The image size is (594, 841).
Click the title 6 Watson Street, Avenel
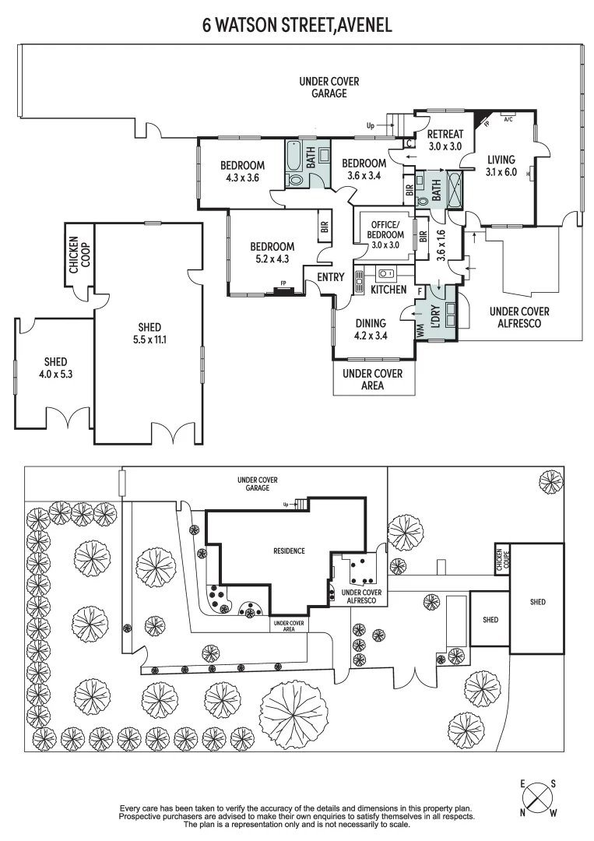[x=297, y=25]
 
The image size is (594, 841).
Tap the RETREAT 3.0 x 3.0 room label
[x=445, y=140]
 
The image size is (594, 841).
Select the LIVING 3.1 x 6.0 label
[x=501, y=167]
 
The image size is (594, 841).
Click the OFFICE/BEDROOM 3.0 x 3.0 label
[x=386, y=234]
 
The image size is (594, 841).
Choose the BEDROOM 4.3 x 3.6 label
[x=242, y=171]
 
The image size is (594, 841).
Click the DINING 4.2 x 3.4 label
[x=371, y=329]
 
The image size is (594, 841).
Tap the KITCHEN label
[x=388, y=290]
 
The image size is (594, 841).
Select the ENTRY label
[x=331, y=277]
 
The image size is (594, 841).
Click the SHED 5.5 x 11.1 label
[x=149, y=333]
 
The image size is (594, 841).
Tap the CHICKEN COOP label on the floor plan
[x=79, y=254]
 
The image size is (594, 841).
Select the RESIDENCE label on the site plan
[x=288, y=551]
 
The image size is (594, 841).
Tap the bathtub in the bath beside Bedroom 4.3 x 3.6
[x=295, y=156]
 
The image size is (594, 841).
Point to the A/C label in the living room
[x=508, y=119]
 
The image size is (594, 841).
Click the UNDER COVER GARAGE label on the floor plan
[x=323, y=87]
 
